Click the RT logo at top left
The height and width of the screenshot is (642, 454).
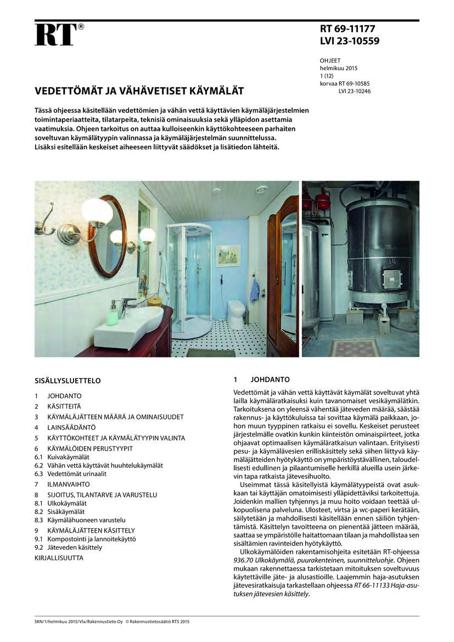pyautogui.click(x=57, y=35)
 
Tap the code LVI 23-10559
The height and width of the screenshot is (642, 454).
pyautogui.click(x=350, y=41)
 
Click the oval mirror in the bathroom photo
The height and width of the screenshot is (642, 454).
pyautogui.click(x=107, y=236)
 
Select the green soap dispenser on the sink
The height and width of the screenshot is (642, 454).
pyautogui.click(x=113, y=314)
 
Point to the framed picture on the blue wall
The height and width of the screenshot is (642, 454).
pyautogui.click(x=228, y=256)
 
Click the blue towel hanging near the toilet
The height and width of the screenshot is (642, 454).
pyautogui.click(x=254, y=291)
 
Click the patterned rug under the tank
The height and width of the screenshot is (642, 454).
pyautogui.click(x=354, y=347)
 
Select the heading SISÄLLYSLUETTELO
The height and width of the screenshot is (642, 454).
pyautogui.click(x=68, y=381)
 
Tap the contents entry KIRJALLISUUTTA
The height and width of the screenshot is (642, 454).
pyautogui.click(x=59, y=558)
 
